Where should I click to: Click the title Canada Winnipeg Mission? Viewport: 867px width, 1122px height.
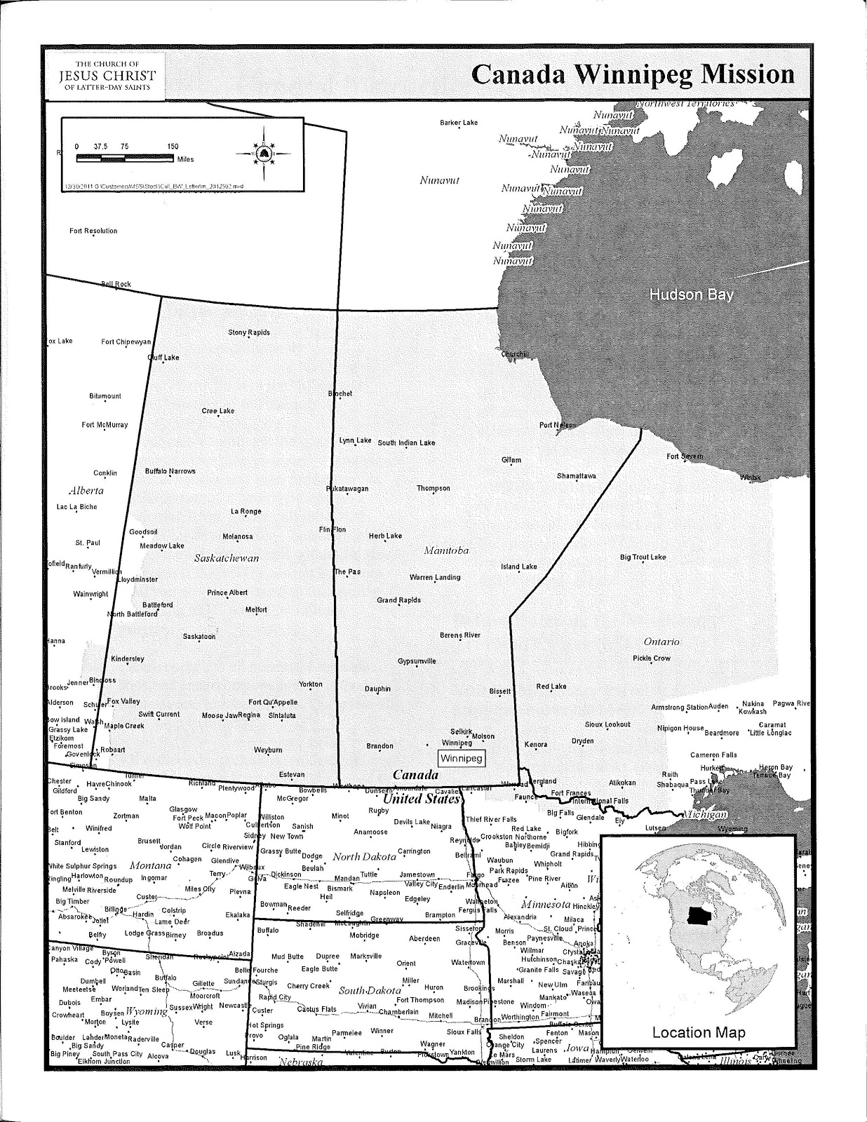click(x=633, y=74)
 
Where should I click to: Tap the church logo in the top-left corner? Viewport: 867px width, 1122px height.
click(x=107, y=76)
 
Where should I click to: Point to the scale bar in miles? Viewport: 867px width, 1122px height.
click(x=125, y=158)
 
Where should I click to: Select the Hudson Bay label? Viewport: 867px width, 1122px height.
click(x=691, y=295)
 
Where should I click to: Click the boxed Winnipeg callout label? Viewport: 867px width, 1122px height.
click(x=462, y=758)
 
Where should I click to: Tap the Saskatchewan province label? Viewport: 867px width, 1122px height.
click(x=227, y=558)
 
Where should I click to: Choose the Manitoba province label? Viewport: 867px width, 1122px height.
click(x=446, y=550)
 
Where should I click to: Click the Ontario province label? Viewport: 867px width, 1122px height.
click(x=661, y=642)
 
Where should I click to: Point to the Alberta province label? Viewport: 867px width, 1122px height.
click(x=86, y=490)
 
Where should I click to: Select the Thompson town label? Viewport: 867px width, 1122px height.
click(x=433, y=488)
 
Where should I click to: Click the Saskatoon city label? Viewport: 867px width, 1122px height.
click(x=199, y=637)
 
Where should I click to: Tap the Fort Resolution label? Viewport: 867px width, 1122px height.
click(x=93, y=231)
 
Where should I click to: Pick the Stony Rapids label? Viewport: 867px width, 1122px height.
click(x=249, y=332)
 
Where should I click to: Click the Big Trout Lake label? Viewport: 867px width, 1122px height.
click(x=643, y=557)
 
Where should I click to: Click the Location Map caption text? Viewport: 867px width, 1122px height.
click(x=699, y=1032)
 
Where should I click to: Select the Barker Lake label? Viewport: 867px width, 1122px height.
click(x=459, y=123)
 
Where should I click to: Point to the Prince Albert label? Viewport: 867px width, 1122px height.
click(x=227, y=593)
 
